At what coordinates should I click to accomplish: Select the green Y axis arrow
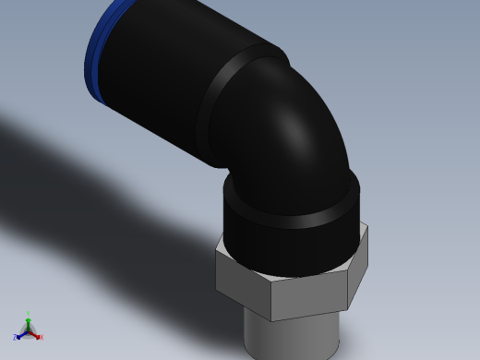click(28, 321)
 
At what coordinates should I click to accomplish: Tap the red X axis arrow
click(35, 335)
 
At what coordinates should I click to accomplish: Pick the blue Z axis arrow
click(20, 335)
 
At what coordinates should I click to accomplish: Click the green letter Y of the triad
click(28, 315)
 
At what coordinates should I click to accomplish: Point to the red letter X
click(41, 337)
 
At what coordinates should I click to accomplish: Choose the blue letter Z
click(15, 338)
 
